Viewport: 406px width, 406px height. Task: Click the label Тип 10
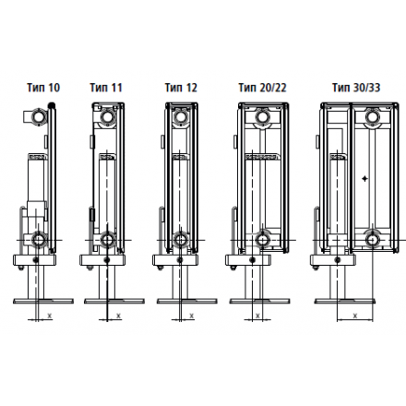(43, 88)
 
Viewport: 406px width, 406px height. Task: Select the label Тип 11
(106, 88)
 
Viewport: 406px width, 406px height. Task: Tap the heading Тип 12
(181, 88)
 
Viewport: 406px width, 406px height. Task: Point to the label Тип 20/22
(262, 88)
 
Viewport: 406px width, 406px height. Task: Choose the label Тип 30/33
(356, 88)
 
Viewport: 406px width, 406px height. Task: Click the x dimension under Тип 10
(49, 316)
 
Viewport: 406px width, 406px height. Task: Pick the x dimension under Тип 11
(118, 316)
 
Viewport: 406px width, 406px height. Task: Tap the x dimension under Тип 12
(191, 316)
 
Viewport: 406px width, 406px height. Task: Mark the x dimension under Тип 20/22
(257, 316)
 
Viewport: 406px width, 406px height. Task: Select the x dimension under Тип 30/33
(355, 316)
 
